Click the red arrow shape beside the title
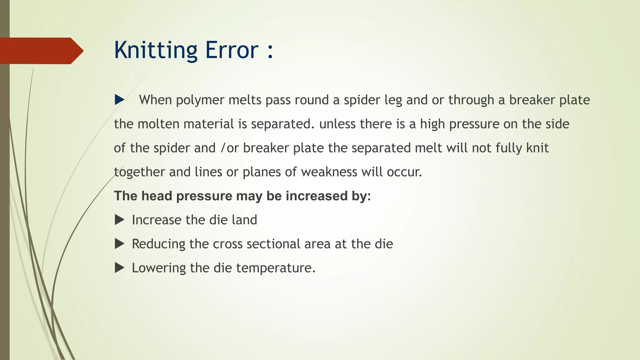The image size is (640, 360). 41,51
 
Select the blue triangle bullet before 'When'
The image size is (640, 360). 119,100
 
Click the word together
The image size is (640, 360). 139,172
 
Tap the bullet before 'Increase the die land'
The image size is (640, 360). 119,220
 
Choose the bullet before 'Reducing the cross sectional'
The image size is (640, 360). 119,244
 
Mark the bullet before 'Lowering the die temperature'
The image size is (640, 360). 119,268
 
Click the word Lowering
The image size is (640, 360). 159,268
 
